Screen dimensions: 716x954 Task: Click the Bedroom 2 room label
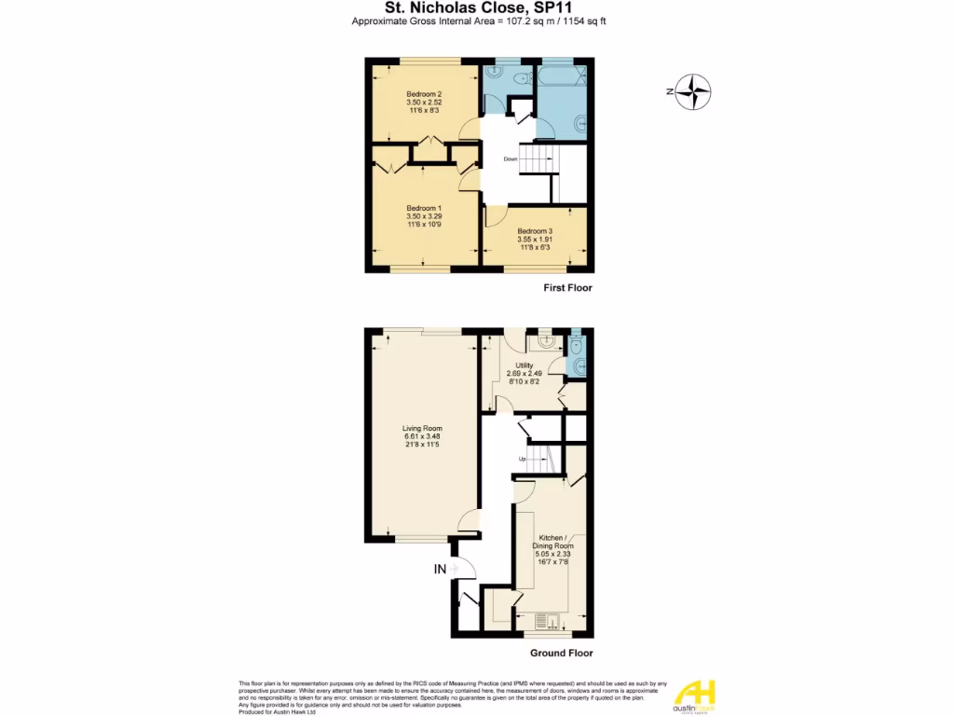click(x=423, y=95)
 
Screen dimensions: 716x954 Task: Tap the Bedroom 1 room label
click(x=423, y=208)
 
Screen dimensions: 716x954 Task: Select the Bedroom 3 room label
click(x=535, y=231)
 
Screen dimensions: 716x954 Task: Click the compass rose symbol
click(x=693, y=91)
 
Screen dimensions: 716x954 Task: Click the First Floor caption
click(x=567, y=288)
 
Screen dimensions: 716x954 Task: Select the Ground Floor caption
click(x=561, y=654)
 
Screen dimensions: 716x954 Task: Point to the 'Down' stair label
click(x=511, y=159)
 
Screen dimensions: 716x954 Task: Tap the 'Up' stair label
click(x=523, y=460)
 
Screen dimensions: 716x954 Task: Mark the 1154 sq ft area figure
click(x=590, y=21)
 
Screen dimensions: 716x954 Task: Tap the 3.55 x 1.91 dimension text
click(x=535, y=240)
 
